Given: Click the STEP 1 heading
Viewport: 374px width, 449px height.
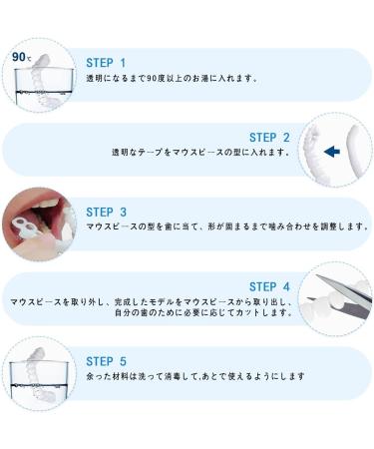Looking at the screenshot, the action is [106, 63].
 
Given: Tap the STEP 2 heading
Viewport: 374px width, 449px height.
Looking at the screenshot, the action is [269, 138].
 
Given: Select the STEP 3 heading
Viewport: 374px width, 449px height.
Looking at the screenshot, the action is [106, 213].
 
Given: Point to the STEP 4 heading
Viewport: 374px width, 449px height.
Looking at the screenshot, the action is [269, 286].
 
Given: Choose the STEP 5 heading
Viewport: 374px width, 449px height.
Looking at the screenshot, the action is [106, 361].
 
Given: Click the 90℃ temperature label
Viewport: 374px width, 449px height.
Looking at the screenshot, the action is [22, 57].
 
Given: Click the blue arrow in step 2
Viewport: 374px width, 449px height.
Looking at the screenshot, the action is [332, 152].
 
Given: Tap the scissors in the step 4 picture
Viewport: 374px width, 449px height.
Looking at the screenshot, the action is [342, 297].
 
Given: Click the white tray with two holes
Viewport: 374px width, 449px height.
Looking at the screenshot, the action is [25, 227].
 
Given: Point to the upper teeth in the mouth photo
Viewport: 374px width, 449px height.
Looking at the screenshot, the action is [53, 205].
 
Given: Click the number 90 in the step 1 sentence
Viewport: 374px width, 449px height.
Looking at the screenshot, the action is [151, 79].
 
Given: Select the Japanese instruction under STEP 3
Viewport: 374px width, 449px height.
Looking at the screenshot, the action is [227, 226].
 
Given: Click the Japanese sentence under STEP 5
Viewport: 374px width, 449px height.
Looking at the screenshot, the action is [195, 376].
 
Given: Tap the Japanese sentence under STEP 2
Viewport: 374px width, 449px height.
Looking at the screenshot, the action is [200, 153].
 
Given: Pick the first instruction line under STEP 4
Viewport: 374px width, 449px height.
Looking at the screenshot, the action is [152, 302].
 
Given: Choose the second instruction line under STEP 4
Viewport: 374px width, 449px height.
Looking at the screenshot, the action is [203, 313].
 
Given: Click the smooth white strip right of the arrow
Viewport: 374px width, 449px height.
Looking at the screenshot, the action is [357, 152].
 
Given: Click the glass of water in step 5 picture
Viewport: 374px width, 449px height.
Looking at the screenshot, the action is [39, 380].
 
